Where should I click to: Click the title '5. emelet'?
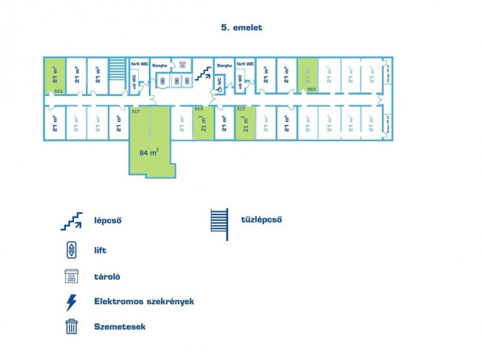241,28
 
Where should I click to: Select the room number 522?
59,92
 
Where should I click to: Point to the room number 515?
199,109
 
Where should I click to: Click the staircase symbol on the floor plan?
202,73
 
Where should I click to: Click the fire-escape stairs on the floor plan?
116,69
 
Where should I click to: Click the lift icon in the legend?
71,250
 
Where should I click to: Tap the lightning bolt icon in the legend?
71,302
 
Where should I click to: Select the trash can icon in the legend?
71,326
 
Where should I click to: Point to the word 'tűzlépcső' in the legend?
261,220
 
